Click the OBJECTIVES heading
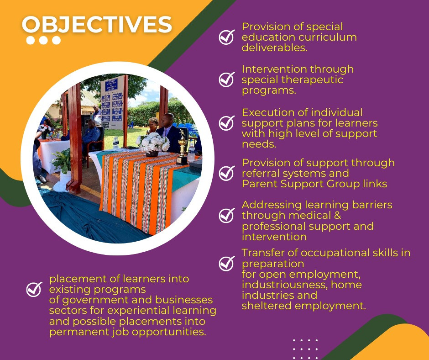point(97,25)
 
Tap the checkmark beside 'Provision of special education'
point(227,37)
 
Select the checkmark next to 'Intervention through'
point(227,79)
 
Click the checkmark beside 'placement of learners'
point(34,289)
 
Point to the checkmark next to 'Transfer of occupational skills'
point(227,264)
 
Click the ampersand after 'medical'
point(337,215)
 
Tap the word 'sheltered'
point(267,306)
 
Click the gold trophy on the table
point(182,148)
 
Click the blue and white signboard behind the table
point(112,102)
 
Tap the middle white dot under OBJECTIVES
point(43,40)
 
